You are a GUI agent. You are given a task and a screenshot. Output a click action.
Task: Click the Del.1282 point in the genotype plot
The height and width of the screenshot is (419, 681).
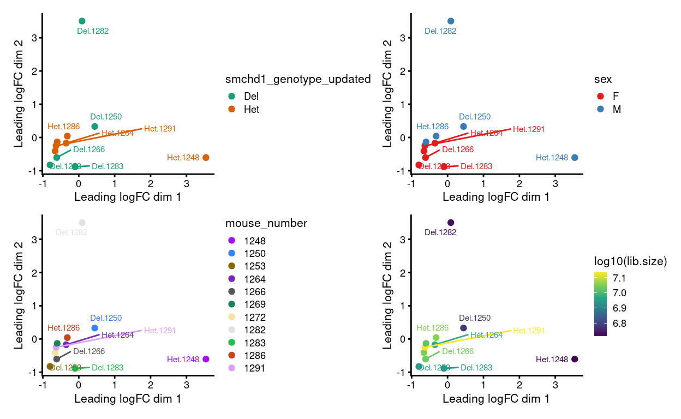point(82,21)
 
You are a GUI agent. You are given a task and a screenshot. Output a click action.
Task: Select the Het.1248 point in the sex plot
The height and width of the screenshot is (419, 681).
point(575,158)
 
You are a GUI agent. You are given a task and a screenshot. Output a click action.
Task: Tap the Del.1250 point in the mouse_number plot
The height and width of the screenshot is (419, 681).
point(94,328)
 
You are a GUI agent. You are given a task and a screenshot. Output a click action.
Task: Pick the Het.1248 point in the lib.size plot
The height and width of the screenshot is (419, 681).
point(575,359)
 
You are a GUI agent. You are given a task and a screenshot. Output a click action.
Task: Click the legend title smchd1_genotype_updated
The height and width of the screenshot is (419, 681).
point(298,79)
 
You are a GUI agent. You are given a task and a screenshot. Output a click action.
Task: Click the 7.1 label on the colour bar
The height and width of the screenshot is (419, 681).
point(619,277)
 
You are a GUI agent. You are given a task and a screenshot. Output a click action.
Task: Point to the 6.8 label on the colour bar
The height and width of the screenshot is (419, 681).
point(619,324)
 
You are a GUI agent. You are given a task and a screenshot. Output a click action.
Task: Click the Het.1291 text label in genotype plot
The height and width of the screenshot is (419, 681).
point(160,129)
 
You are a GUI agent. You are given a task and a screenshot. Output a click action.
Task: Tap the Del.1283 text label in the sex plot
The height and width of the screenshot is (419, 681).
point(476,166)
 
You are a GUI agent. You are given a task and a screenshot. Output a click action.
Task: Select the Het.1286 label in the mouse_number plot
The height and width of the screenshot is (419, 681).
point(63,328)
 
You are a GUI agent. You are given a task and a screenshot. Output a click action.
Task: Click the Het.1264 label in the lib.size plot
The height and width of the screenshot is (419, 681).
point(486,335)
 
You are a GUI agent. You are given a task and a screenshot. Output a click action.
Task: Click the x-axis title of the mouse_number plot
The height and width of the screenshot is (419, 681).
point(128,399)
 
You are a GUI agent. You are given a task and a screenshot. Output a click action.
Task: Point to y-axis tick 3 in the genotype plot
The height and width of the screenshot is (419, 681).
point(34,38)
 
